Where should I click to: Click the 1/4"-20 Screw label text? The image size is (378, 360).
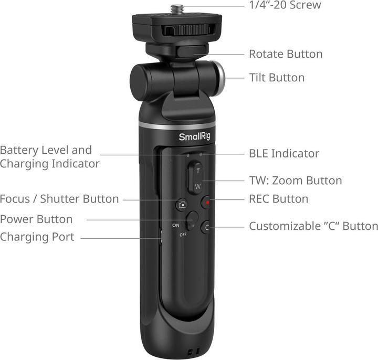point(284,6)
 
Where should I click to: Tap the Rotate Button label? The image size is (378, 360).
point(285,54)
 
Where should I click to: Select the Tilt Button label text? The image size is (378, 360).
point(276,78)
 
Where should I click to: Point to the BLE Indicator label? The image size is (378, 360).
point(283,154)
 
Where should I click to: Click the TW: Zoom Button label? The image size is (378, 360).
point(295,181)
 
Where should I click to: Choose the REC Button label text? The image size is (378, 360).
point(278,199)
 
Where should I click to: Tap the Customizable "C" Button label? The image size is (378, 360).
point(313,226)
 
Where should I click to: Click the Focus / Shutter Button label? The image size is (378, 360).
point(59,199)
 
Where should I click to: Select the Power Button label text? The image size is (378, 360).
point(36,219)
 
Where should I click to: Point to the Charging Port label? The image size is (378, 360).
point(37,237)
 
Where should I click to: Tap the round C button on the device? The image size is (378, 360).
point(207,227)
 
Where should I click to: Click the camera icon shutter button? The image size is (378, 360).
point(182,205)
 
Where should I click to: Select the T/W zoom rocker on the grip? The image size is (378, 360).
point(195,178)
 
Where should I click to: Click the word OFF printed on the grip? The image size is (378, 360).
point(182,234)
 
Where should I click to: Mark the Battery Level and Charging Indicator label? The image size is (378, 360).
point(49,157)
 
